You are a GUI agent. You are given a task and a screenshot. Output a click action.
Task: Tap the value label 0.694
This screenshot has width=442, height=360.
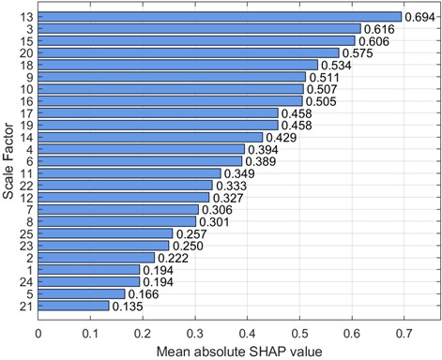tap(420, 17)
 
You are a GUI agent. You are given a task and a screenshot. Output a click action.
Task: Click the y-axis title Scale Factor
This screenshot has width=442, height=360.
tap(8, 161)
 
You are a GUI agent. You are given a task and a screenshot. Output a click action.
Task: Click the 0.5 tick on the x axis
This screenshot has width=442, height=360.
tap(299, 331)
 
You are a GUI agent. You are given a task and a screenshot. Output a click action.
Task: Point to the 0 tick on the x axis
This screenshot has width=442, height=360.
tap(38, 331)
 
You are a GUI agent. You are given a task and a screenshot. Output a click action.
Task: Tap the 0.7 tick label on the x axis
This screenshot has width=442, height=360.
tap(404, 331)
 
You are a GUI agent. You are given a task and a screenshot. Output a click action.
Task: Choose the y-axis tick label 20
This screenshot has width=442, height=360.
tap(27, 52)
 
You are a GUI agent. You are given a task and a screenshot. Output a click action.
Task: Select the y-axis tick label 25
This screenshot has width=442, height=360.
tap(27, 233)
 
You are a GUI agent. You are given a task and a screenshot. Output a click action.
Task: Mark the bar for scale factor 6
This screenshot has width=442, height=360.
tap(140, 161)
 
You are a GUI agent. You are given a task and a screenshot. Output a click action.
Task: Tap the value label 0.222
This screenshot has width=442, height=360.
tap(174, 258)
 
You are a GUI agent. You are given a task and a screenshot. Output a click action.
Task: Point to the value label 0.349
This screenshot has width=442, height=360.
tap(240, 173)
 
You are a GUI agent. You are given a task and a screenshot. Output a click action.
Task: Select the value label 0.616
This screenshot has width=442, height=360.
tap(380, 29)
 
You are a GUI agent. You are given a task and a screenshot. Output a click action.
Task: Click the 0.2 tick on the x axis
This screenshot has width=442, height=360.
tap(143, 331)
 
